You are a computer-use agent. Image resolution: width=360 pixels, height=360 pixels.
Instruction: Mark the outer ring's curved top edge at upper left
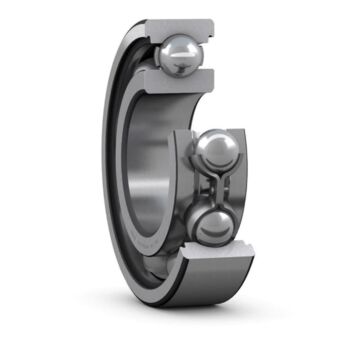point(130,50)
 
